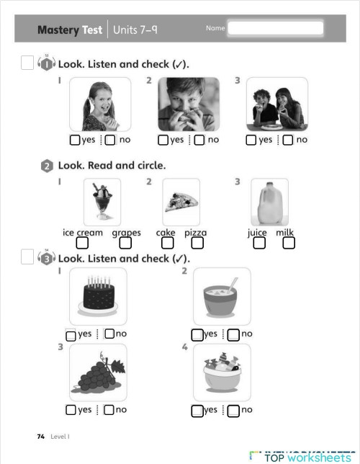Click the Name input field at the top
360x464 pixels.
(276, 28)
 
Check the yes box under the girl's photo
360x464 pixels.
(75, 140)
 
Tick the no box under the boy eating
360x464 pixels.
(199, 140)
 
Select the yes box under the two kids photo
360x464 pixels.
(251, 140)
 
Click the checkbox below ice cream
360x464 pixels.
(82, 244)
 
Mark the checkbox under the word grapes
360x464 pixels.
(125, 244)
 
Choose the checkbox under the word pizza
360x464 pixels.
(196, 244)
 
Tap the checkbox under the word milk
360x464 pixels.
(288, 244)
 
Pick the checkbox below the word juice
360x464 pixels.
(259, 244)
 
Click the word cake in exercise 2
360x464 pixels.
(166, 233)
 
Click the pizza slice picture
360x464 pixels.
(181, 202)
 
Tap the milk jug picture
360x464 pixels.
(269, 202)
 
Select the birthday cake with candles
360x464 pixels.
(98, 296)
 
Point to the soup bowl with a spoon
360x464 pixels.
(222, 296)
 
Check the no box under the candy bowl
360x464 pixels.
(233, 411)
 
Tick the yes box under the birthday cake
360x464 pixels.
(71, 335)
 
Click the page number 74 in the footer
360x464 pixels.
(40, 437)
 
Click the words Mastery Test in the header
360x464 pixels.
(69, 30)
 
